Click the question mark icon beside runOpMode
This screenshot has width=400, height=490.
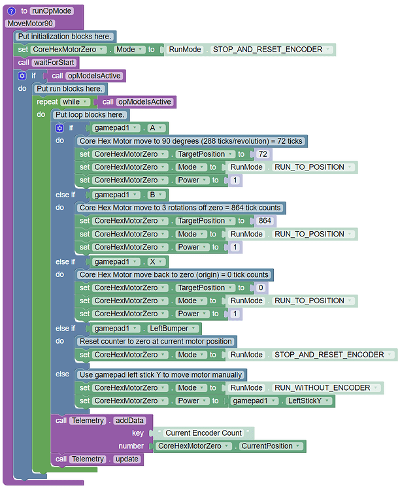click(x=11, y=10)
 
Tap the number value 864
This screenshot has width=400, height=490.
click(x=265, y=221)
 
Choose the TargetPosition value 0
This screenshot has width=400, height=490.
click(x=261, y=287)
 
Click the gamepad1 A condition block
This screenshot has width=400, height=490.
click(x=128, y=128)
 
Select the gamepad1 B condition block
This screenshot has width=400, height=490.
click(x=128, y=195)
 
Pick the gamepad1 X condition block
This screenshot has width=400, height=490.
click(x=128, y=261)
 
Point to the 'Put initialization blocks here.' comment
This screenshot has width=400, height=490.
click(x=64, y=37)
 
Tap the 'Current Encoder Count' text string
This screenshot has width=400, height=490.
click(x=203, y=433)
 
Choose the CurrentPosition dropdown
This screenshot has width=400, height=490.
click(x=270, y=446)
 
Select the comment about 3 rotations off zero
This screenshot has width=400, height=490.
click(x=180, y=208)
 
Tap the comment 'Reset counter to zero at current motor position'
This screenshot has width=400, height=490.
click(x=155, y=341)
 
